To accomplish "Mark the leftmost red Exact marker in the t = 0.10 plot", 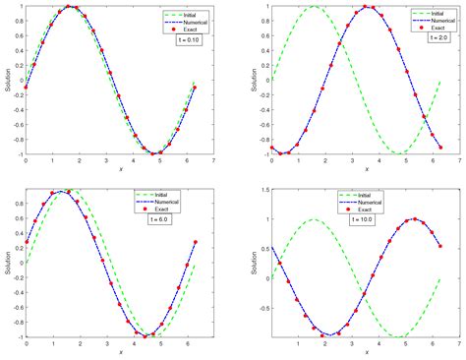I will [x=26, y=88].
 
